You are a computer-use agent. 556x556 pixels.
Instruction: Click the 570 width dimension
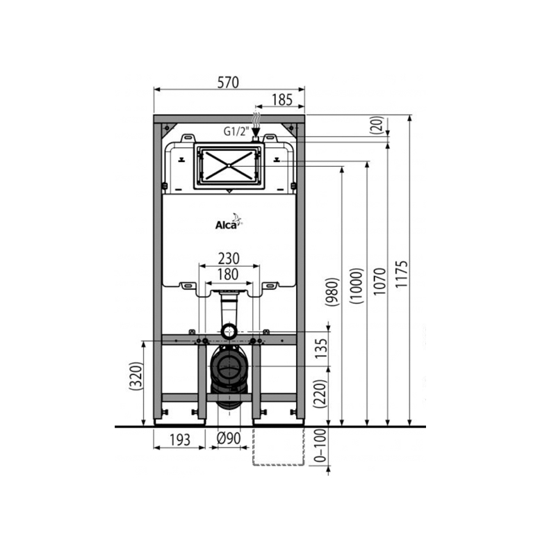pyautogui.click(x=228, y=82)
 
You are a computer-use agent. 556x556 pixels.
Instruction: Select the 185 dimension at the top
pyautogui.click(x=280, y=100)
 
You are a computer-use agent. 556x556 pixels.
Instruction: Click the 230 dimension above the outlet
pyautogui.click(x=229, y=256)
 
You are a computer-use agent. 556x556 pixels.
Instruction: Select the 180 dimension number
pyautogui.click(x=229, y=274)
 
